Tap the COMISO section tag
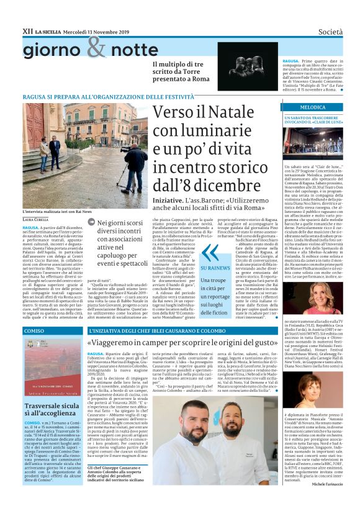coord(34,331)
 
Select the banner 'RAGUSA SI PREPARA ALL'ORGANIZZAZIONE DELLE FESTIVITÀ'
coord(99,97)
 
